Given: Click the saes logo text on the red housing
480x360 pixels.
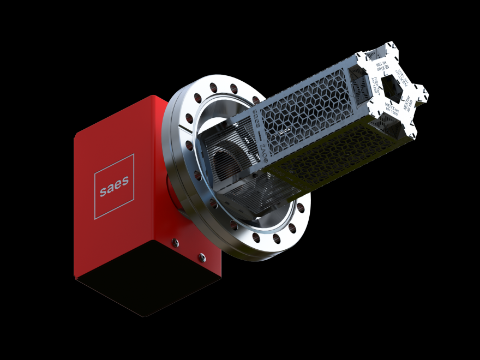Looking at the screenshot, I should (114, 187).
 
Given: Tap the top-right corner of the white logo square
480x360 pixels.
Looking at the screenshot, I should (134, 155).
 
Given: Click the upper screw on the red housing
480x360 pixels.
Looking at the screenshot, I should (175, 242).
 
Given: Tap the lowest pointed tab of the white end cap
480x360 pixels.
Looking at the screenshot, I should (412, 134).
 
